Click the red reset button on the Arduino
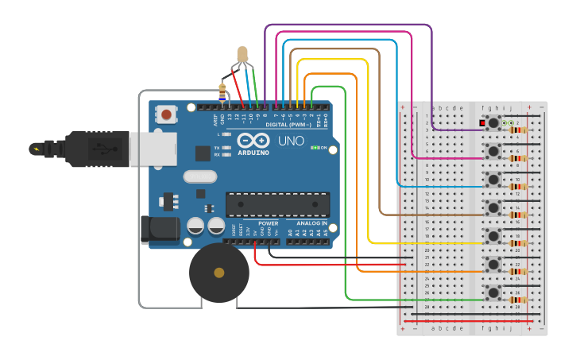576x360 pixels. tap(166, 115)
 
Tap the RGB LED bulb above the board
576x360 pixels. tap(242, 55)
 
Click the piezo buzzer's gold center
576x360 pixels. tap(218, 273)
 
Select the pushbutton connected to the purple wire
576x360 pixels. tap(493, 122)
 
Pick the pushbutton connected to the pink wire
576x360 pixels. tap(493, 151)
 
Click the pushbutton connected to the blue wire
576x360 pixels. tap(493, 180)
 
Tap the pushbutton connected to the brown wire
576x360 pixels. tap(493, 208)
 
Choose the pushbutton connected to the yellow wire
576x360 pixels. tap(493, 237)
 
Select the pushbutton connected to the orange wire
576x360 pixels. tap(493, 265)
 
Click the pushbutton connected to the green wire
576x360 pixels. tap(493, 293)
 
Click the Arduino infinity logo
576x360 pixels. tap(253, 140)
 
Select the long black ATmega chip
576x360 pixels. tap(277, 204)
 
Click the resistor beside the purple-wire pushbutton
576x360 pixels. tap(519, 130)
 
